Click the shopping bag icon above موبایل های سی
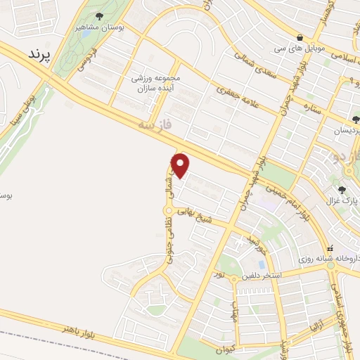pos(300,37)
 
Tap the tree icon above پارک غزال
pos(342,190)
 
